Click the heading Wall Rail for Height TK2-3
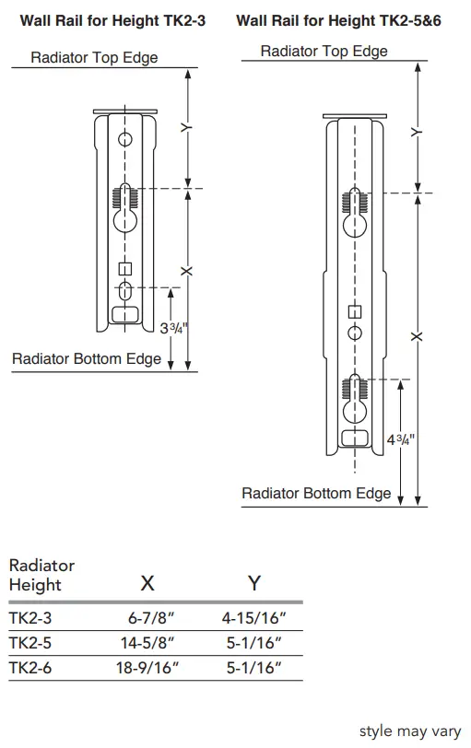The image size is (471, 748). (112, 19)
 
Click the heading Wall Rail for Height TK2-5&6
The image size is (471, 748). (338, 19)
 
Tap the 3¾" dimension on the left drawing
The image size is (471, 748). (171, 329)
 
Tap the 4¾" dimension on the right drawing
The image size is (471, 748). (400, 440)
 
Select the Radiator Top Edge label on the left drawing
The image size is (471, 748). (94, 58)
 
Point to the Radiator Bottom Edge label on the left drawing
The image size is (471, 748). (87, 359)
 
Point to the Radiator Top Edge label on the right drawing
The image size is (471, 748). (324, 51)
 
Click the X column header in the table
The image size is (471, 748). (147, 583)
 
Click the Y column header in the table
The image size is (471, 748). (254, 583)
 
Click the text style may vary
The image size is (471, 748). (409, 730)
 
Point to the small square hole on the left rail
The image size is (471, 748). (126, 269)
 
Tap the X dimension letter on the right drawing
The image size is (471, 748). (417, 336)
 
